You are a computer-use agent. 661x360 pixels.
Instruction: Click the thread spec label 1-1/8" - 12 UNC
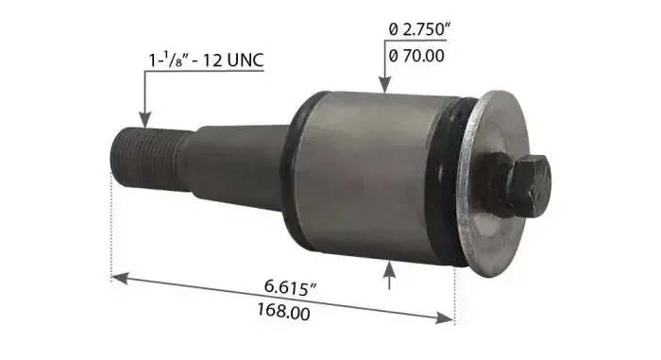point(206,60)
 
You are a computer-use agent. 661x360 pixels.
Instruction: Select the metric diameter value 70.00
point(416,56)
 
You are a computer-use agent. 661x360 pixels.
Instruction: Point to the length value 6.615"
point(291,287)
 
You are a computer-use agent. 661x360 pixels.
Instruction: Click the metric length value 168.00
point(283,312)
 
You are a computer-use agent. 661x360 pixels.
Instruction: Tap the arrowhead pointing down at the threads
point(145,119)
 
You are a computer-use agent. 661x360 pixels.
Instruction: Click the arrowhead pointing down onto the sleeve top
point(385,84)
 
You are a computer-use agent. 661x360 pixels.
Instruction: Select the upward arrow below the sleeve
point(389,275)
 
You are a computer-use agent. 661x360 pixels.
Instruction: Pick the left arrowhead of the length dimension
point(119,278)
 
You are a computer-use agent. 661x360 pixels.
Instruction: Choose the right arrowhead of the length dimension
point(445,317)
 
